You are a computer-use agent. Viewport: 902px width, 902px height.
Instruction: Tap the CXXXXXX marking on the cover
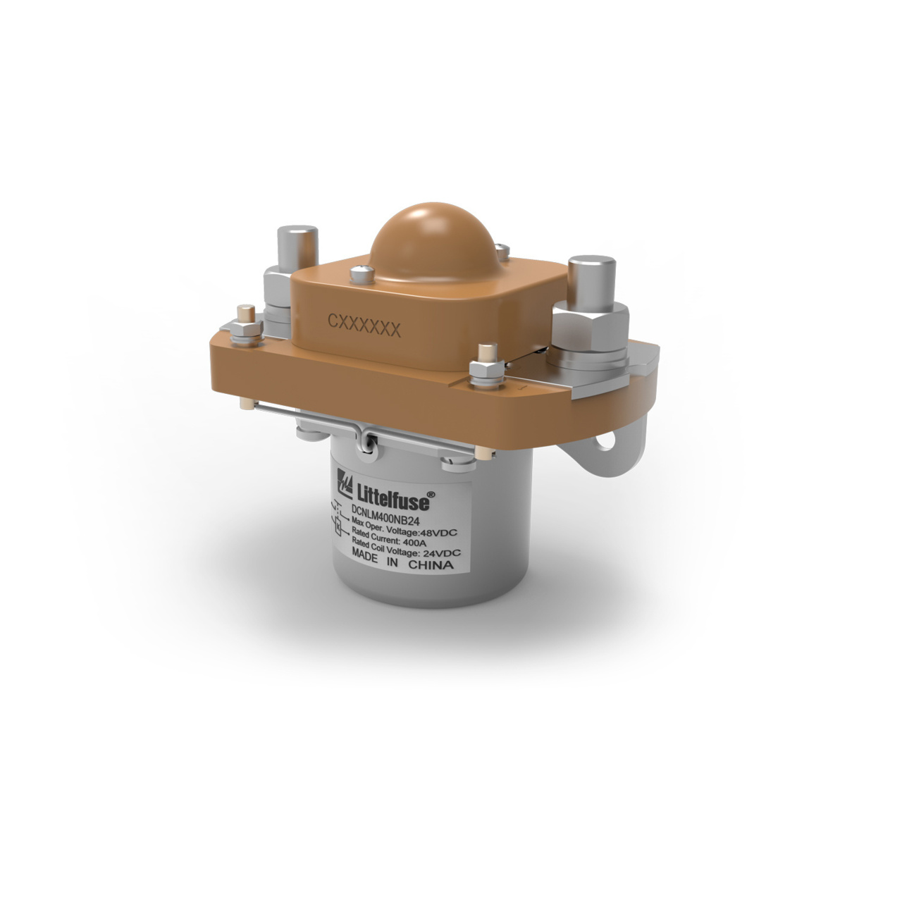[364, 327]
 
